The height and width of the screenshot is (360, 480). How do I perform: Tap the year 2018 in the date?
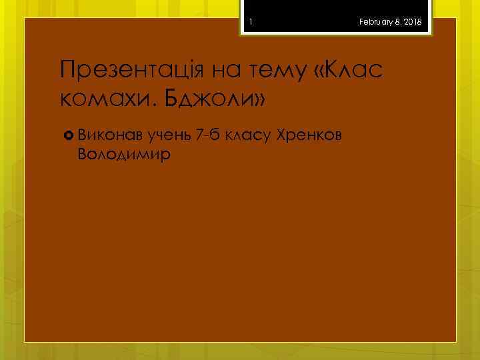coord(412,23)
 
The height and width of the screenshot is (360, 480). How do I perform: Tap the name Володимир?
coord(124,155)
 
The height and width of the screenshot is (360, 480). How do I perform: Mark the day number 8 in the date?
coord(397,23)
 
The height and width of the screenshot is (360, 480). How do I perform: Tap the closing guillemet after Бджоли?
coord(259,100)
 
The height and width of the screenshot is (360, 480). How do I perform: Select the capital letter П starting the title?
coord(67,69)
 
